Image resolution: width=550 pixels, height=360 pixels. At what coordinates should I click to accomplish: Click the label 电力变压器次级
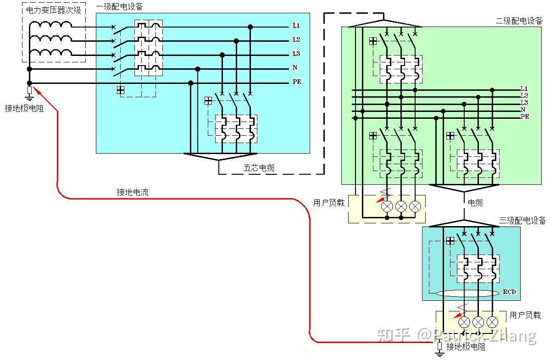[x=54, y=10]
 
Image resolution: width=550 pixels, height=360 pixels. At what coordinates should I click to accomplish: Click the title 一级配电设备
[x=119, y=7]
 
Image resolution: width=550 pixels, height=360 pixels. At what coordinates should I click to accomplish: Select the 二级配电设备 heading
[x=519, y=21]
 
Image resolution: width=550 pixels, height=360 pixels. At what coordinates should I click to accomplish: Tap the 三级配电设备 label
[x=522, y=221]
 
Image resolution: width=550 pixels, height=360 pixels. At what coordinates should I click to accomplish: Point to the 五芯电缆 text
[x=259, y=168]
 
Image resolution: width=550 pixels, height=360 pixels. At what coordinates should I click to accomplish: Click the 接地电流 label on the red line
[x=132, y=192]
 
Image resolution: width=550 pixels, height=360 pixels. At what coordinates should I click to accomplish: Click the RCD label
[x=509, y=292]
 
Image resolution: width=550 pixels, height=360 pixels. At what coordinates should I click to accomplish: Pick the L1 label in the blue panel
[x=296, y=26]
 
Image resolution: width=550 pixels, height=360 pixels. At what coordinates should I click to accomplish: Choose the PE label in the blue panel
[x=297, y=82]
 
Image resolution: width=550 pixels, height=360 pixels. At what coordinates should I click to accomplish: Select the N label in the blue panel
[x=295, y=68]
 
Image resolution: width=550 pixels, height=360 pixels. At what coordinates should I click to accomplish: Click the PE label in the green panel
[x=525, y=117]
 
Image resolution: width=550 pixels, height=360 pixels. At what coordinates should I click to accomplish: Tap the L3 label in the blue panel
[x=296, y=54]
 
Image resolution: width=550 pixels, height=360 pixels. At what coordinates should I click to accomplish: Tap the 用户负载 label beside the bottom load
[x=525, y=315]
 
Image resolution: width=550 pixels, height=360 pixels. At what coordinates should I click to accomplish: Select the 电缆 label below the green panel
[x=475, y=203]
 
